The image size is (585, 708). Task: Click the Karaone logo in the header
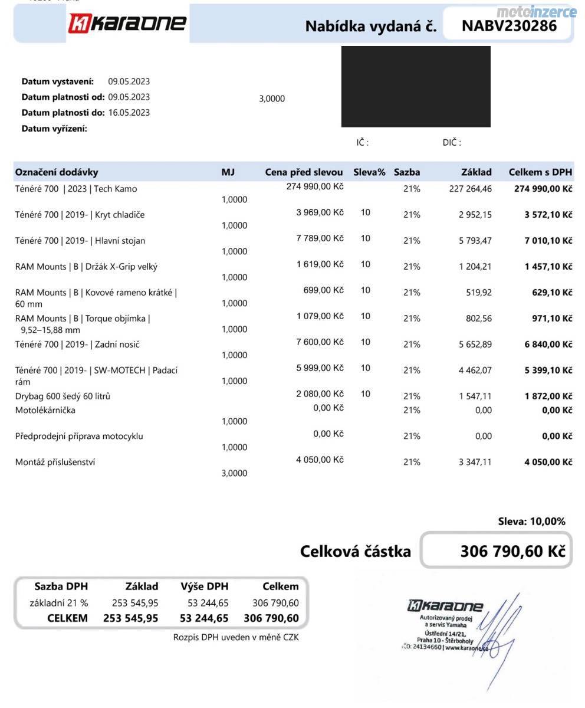(x=127, y=24)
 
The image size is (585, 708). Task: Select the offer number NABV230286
(x=508, y=25)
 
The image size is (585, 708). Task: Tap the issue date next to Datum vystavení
(x=129, y=81)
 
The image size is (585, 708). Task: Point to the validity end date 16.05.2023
(x=129, y=112)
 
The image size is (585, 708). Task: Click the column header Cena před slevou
(x=304, y=172)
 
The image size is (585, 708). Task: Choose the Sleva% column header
(x=369, y=172)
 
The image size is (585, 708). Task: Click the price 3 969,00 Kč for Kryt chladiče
(x=320, y=212)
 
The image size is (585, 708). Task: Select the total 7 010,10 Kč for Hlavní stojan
(x=548, y=241)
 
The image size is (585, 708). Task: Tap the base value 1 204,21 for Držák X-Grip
(x=475, y=267)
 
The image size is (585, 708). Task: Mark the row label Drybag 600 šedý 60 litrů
(x=63, y=396)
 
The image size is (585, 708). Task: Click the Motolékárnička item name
(x=45, y=410)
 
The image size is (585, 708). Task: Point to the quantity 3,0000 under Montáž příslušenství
(x=234, y=473)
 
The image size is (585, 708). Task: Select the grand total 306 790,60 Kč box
(x=496, y=551)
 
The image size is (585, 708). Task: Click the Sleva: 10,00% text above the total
(x=531, y=521)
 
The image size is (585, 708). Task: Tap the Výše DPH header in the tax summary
(x=204, y=586)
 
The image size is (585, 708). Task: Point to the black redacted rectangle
(x=416, y=87)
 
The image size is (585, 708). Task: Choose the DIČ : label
(x=452, y=142)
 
